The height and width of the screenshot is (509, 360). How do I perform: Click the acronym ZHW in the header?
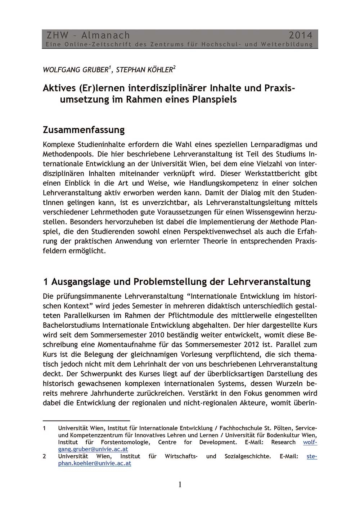pyautogui.click(x=58, y=35)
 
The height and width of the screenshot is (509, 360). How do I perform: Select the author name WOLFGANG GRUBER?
pyautogui.click(x=75, y=70)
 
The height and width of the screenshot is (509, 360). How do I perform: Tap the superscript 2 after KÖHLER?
pyautogui.click(x=175, y=67)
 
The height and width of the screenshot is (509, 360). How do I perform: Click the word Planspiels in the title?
pyautogui.click(x=215, y=99)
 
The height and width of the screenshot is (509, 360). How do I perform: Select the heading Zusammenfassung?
pyautogui.click(x=84, y=129)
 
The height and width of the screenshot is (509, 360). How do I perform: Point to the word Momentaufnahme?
pyautogui.click(x=128, y=345)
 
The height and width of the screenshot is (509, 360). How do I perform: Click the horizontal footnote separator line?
pyautogui.click(x=86, y=420)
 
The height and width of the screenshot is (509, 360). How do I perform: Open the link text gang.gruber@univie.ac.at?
pyautogui.click(x=93, y=449)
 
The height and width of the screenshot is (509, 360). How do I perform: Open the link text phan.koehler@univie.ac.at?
pyautogui.click(x=94, y=463)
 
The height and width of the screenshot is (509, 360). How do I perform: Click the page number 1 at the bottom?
pyautogui.click(x=180, y=485)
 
